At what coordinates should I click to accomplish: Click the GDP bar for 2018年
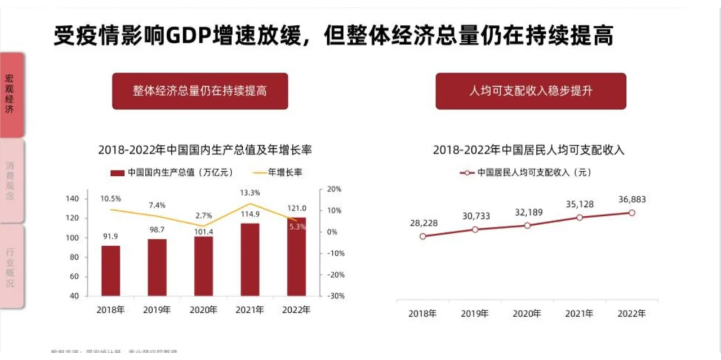coord(111,270)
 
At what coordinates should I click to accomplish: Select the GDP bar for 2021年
coord(250,259)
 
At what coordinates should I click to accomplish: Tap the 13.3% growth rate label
coord(250,193)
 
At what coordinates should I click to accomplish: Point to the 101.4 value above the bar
coord(203,232)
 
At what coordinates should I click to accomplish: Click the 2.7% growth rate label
coord(203,215)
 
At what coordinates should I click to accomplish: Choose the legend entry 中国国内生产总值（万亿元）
coord(172,172)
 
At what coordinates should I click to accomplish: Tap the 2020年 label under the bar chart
coord(203,310)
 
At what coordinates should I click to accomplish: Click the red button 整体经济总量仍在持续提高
coord(200,91)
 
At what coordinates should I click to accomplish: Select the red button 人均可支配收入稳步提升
coord(531,91)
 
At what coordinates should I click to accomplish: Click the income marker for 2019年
coord(475,229)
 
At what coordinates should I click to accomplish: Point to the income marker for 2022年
coord(631,212)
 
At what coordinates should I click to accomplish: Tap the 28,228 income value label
coord(424,223)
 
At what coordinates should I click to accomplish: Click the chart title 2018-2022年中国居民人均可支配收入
coord(529,150)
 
